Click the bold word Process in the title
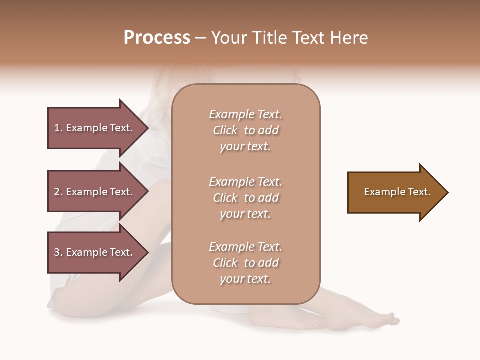point(157,38)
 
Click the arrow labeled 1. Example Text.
point(95,128)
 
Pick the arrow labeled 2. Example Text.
point(95,192)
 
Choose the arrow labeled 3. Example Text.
point(95,252)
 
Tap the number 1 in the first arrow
point(57,128)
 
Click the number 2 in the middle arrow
point(57,192)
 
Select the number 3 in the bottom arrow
point(57,252)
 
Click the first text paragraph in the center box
point(245,130)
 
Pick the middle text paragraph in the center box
point(245,198)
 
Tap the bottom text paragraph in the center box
point(245,263)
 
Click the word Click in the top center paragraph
point(225,130)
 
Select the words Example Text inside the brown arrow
point(397,192)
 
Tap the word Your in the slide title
point(230,38)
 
